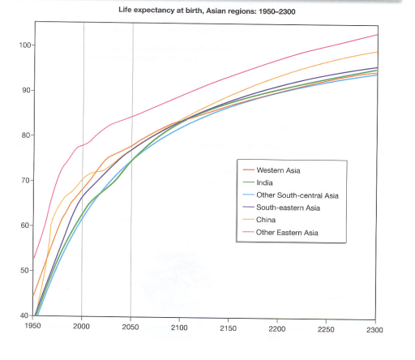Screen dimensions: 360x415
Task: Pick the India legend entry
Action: pyautogui.click(x=265, y=183)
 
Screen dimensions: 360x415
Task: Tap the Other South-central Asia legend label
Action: pyautogui.click(x=297, y=195)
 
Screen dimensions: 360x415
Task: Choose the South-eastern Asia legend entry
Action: pyautogui.click(x=288, y=208)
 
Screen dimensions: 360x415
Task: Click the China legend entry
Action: pyautogui.click(x=267, y=221)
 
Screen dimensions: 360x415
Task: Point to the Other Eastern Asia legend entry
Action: pyautogui.click(x=287, y=234)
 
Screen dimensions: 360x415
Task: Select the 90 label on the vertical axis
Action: pyautogui.click(x=24, y=90)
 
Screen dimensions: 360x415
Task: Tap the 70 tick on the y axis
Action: pyautogui.click(x=24, y=180)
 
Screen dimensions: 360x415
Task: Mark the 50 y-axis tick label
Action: pyautogui.click(x=24, y=270)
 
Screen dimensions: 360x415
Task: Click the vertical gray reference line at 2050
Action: pyautogui.click(x=131, y=243)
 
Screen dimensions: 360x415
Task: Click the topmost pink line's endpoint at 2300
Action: pyautogui.click(x=376, y=35)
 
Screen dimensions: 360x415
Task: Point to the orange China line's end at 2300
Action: pyautogui.click(x=376, y=52)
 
